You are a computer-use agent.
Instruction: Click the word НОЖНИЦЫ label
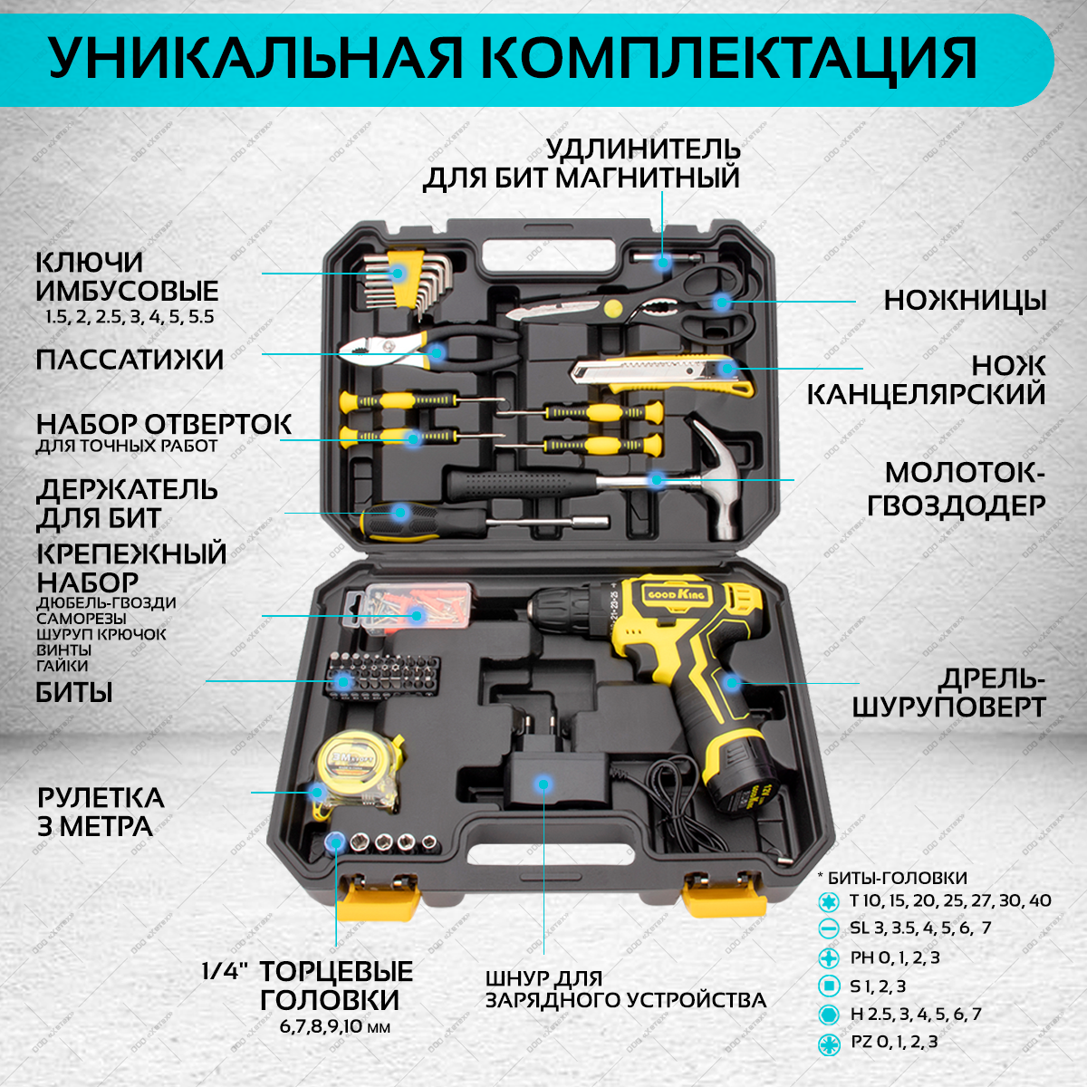point(965,301)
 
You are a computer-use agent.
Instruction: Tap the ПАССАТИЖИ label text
point(130,360)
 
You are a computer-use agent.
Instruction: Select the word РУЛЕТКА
point(101,798)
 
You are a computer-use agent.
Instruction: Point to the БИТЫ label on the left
point(74,693)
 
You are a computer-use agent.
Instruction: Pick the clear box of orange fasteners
point(410,605)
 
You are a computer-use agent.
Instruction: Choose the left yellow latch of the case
point(380,897)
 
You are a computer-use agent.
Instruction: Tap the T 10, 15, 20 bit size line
point(950,901)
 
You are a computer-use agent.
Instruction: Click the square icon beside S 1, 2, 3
point(828,986)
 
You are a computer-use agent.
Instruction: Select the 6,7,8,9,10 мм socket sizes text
point(329,1028)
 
